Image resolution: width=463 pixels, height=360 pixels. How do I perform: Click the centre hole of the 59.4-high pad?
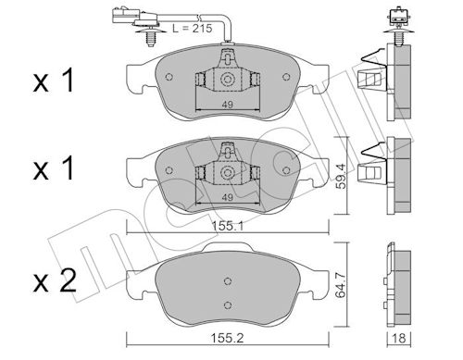(225, 172)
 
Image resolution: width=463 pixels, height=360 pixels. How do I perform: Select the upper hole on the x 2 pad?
(225, 282)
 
